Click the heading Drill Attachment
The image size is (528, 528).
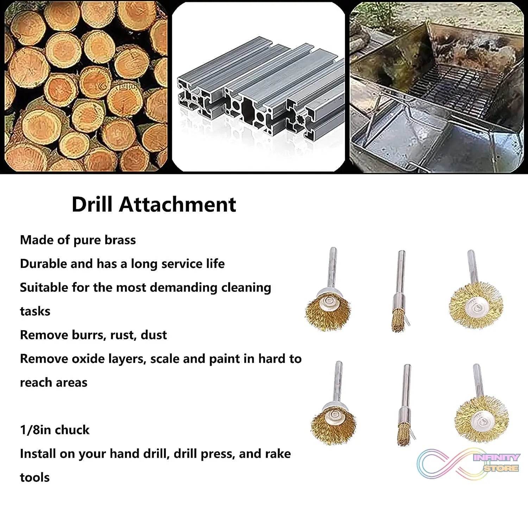153,205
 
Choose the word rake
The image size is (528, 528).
277,454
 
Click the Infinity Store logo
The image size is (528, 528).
468,463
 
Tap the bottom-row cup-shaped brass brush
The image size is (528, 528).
333,424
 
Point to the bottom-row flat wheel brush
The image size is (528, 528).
481,421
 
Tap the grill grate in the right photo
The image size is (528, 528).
454,92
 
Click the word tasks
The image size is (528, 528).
35,312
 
